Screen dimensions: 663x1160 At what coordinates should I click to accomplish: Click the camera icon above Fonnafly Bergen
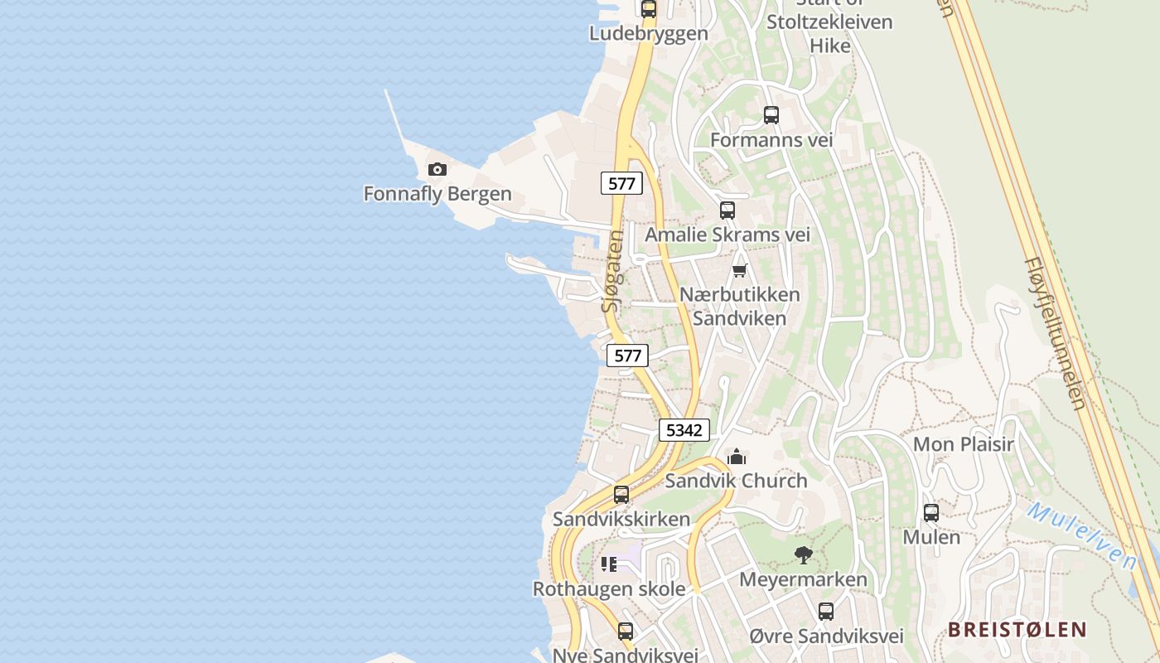(x=437, y=170)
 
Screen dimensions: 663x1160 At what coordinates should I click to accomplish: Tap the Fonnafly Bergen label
(x=437, y=195)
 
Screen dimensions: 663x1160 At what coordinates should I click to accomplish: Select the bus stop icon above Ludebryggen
(x=649, y=9)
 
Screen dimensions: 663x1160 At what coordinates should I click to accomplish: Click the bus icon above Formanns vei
(x=771, y=115)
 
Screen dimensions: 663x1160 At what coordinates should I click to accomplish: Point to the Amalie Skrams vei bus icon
(x=727, y=211)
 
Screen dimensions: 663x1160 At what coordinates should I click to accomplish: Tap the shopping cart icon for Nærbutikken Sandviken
(x=740, y=270)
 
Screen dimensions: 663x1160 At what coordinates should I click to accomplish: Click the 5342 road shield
(x=684, y=430)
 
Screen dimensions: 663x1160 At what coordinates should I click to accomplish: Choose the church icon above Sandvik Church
(x=737, y=457)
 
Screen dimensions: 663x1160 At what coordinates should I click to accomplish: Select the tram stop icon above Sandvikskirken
(x=621, y=495)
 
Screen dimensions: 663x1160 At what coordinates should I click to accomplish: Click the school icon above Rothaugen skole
(x=609, y=564)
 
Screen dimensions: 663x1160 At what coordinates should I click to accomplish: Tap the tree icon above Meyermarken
(x=803, y=555)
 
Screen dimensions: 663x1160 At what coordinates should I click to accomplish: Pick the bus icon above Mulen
(x=931, y=513)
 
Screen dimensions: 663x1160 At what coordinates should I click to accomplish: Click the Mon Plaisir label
(x=964, y=444)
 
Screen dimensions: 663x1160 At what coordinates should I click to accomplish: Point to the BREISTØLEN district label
(x=1017, y=630)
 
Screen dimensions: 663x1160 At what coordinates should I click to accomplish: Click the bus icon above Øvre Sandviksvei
(x=826, y=612)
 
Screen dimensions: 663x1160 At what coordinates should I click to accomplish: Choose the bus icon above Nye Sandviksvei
(x=626, y=632)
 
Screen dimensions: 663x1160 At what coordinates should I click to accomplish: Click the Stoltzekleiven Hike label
(x=829, y=33)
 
